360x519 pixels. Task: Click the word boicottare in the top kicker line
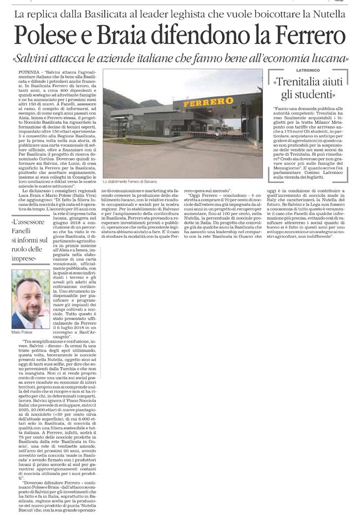point(260,12)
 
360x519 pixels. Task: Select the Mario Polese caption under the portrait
point(23,332)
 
